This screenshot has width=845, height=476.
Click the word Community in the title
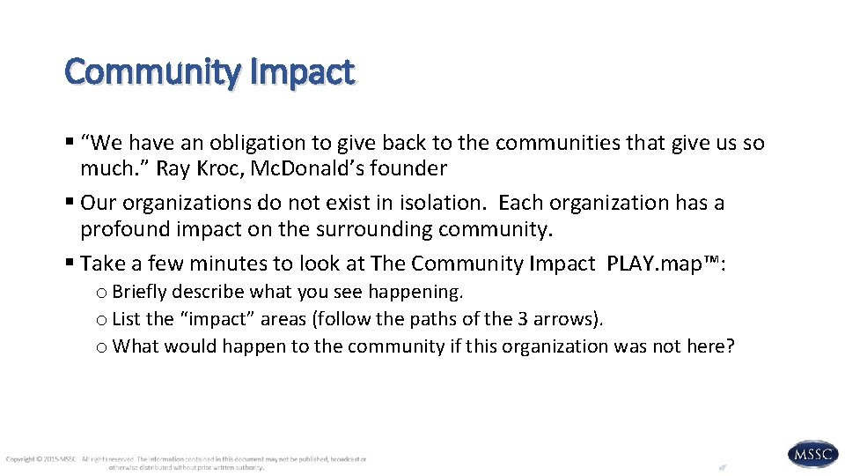(x=150, y=71)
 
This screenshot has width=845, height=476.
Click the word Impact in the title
(x=301, y=71)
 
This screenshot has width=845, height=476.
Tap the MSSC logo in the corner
(x=812, y=455)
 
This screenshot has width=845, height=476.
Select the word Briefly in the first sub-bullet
(x=142, y=292)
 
